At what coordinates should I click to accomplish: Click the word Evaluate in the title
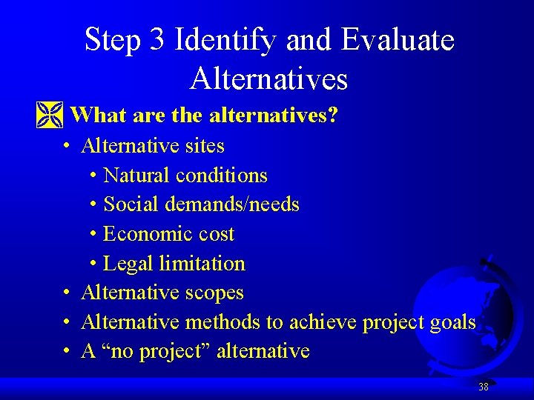398,39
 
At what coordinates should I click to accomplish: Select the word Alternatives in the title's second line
268,78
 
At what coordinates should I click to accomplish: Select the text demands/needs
240,204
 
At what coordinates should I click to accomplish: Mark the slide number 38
483,387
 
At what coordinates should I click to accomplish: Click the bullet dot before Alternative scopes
67,293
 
